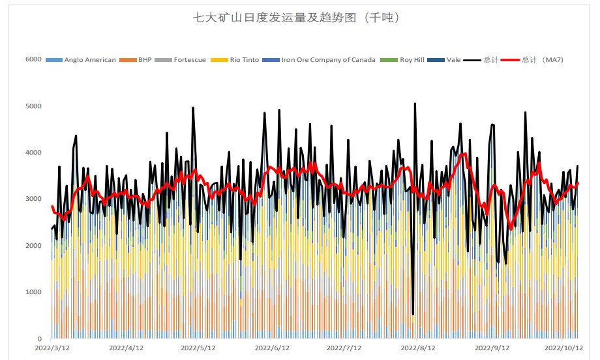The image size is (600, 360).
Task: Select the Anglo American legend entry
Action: [89, 60]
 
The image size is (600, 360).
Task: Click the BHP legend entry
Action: [144, 60]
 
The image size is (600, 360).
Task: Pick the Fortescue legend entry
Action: [189, 60]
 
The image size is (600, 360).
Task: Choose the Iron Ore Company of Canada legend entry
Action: [328, 60]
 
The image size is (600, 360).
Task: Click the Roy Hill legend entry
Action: [411, 60]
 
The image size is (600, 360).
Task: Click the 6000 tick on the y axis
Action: [33, 59]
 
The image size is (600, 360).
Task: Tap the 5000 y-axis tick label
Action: [33, 106]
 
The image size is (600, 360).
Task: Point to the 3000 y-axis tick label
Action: [33, 199]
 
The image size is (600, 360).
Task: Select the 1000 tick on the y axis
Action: [33, 292]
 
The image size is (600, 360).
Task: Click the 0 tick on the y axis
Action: [39, 339]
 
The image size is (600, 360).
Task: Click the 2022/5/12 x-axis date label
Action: [198, 349]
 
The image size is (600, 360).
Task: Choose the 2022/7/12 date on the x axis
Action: [344, 349]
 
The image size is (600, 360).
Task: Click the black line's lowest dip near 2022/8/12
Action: [413, 314]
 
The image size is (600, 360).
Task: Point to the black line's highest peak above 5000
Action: [415, 103]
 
